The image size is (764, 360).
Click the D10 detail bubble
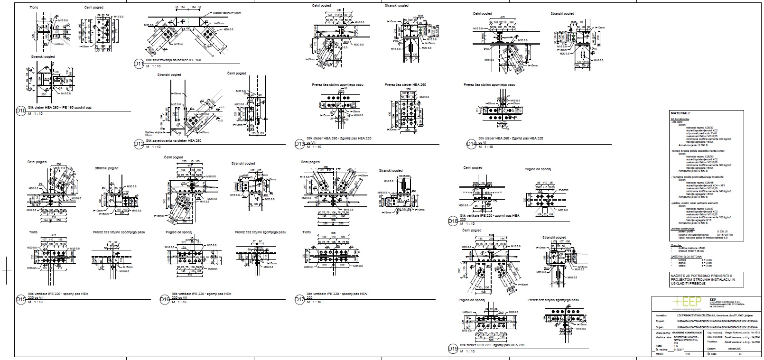pyautogui.click(x=20, y=110)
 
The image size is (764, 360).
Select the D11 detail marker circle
pyautogui.click(x=139, y=65)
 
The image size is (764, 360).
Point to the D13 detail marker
pyautogui.click(x=299, y=144)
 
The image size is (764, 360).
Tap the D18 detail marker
pyautogui.click(x=453, y=221)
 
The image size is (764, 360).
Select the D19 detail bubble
pyautogui.click(x=453, y=350)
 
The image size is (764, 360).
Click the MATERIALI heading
pyautogui.click(x=680, y=114)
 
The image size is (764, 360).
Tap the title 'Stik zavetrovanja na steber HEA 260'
pyautogui.click(x=174, y=140)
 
